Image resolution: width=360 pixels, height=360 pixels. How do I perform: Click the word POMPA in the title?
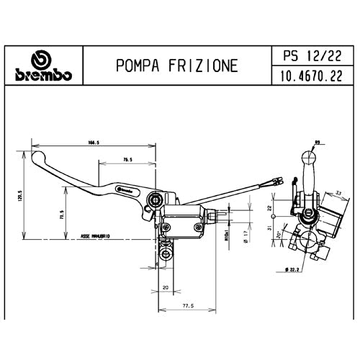coord(138,66)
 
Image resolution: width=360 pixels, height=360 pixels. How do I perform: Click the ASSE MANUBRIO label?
coord(96,235)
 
